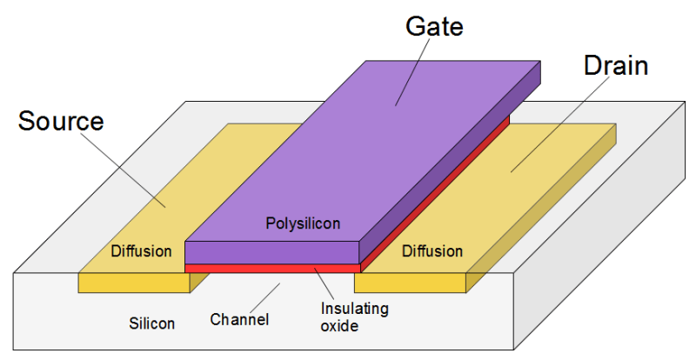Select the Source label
point(61,121)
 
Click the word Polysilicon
point(303,224)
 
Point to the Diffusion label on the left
point(142,251)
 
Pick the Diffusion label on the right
point(432,251)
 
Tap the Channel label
point(239,319)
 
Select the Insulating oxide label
point(355,317)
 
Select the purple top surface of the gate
point(365,148)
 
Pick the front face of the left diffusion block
point(130,283)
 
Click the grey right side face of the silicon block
point(609,261)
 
